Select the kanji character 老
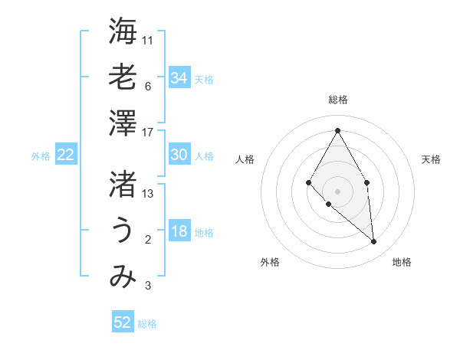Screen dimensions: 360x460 coord(123,77)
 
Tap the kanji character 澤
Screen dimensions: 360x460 coord(123,123)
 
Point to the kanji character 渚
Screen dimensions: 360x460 coord(123,184)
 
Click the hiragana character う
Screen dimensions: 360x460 coord(123,230)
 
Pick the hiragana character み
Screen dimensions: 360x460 coord(123,277)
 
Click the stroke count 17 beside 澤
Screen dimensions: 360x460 coord(148,132)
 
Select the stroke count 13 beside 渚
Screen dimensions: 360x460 coord(148,193)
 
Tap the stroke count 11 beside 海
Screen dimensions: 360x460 coord(148,40)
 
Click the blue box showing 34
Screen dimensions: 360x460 coord(179,78)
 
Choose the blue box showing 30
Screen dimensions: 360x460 coord(179,155)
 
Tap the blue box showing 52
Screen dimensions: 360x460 coord(123,322)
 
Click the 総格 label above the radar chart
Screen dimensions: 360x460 coord(337,100)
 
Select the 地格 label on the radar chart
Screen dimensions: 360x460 coord(402,263)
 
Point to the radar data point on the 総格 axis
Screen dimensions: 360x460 coord(337,129)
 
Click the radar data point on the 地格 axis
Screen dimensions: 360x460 coord(373,241)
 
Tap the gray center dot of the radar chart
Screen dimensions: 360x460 coord(337,190)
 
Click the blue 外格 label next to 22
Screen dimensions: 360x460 coord(41,156)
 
